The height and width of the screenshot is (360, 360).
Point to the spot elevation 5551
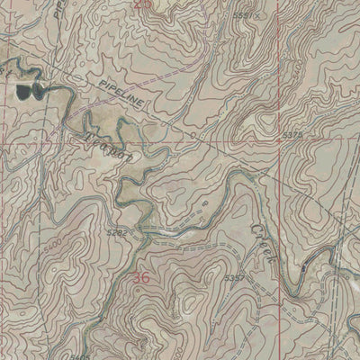[240, 16]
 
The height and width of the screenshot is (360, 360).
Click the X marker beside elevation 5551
[258, 16]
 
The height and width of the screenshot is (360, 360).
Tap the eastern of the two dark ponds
[38, 89]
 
